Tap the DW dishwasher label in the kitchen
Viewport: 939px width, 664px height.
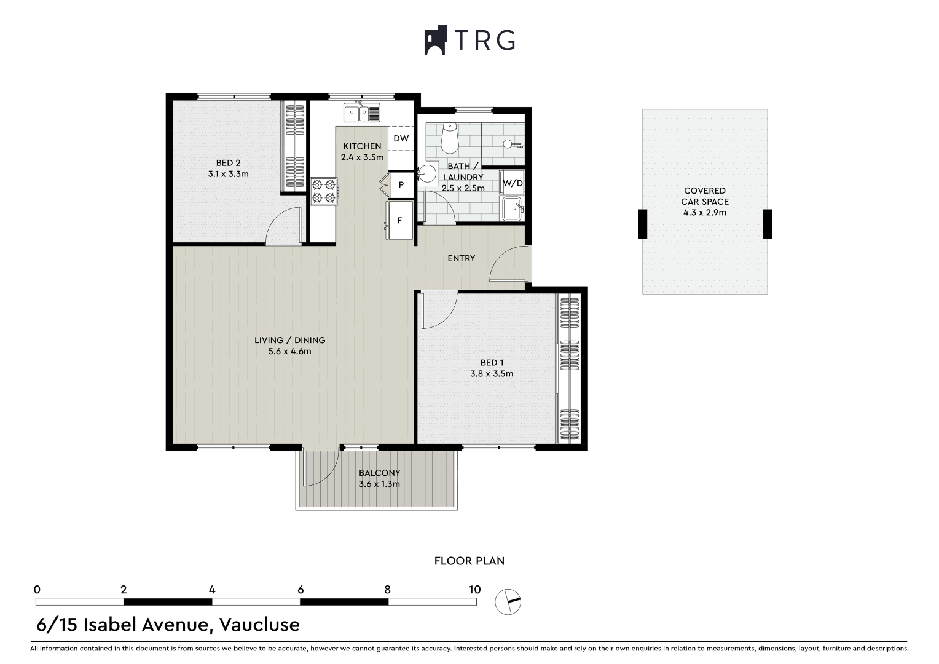[401, 138]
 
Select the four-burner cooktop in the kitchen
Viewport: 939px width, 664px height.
[324, 191]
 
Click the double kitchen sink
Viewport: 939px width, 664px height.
[362, 113]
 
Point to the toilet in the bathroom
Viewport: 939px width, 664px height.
[450, 138]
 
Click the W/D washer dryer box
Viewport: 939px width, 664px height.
[513, 183]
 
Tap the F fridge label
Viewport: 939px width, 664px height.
[399, 220]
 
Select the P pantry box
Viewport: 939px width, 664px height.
[401, 184]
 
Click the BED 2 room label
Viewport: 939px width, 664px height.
[229, 163]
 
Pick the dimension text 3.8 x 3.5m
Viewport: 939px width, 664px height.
[492, 373]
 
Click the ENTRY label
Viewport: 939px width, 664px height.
[461, 258]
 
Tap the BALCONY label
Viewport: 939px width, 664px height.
[379, 473]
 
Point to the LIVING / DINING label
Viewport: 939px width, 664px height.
[289, 340]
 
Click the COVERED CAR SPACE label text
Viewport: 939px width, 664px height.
[705, 196]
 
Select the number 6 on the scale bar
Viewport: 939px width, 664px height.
[301, 590]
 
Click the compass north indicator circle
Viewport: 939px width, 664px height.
[508, 602]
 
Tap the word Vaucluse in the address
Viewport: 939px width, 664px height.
[259, 625]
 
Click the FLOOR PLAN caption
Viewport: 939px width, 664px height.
[469, 561]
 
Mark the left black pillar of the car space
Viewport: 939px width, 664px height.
[643, 224]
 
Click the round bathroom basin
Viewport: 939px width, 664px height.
[428, 173]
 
